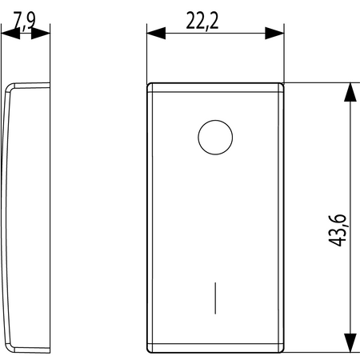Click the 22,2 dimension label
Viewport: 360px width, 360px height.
[202, 21]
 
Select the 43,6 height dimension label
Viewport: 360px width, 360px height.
[337, 230]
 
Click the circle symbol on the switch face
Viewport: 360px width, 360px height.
[215, 138]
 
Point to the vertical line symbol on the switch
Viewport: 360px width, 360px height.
[215, 298]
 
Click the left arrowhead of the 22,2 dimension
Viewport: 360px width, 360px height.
[156, 34]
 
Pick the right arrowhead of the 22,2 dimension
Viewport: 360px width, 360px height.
[274, 34]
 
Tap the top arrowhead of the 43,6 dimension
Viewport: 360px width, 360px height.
[350, 92]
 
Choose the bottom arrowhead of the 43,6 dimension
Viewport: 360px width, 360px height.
[350, 342]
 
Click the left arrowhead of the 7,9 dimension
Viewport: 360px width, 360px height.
[10, 34]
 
